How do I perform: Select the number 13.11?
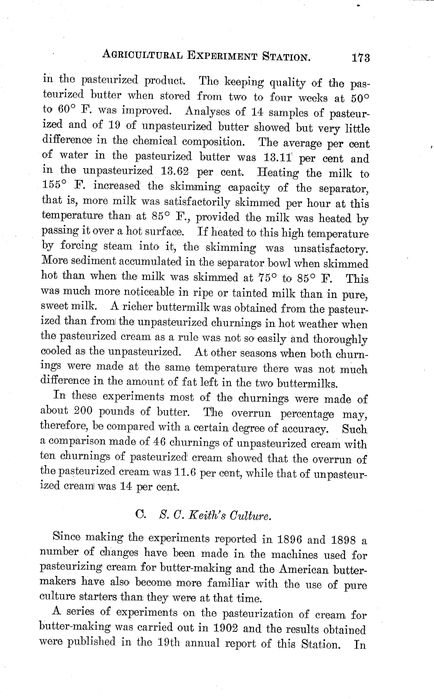point(277,157)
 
